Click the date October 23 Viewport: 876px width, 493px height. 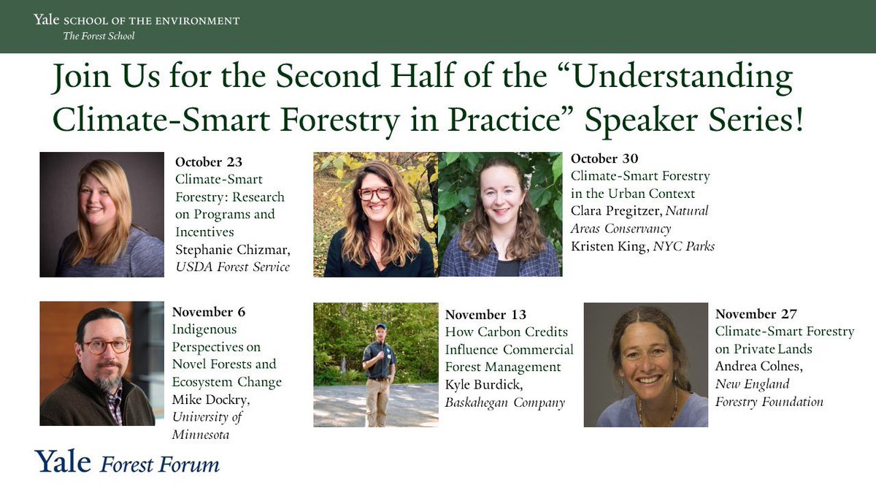(x=209, y=162)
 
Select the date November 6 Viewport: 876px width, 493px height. (x=209, y=312)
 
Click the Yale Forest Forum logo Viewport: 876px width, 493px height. (x=127, y=462)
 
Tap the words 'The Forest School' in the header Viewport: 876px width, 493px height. (x=99, y=36)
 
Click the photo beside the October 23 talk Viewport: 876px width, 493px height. (x=102, y=214)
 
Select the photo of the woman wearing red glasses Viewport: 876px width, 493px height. (x=375, y=214)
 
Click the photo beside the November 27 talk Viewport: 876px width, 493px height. (x=646, y=364)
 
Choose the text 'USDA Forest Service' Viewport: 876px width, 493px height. (x=232, y=267)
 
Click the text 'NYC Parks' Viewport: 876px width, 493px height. (x=683, y=247)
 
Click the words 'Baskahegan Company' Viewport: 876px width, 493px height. (x=504, y=402)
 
